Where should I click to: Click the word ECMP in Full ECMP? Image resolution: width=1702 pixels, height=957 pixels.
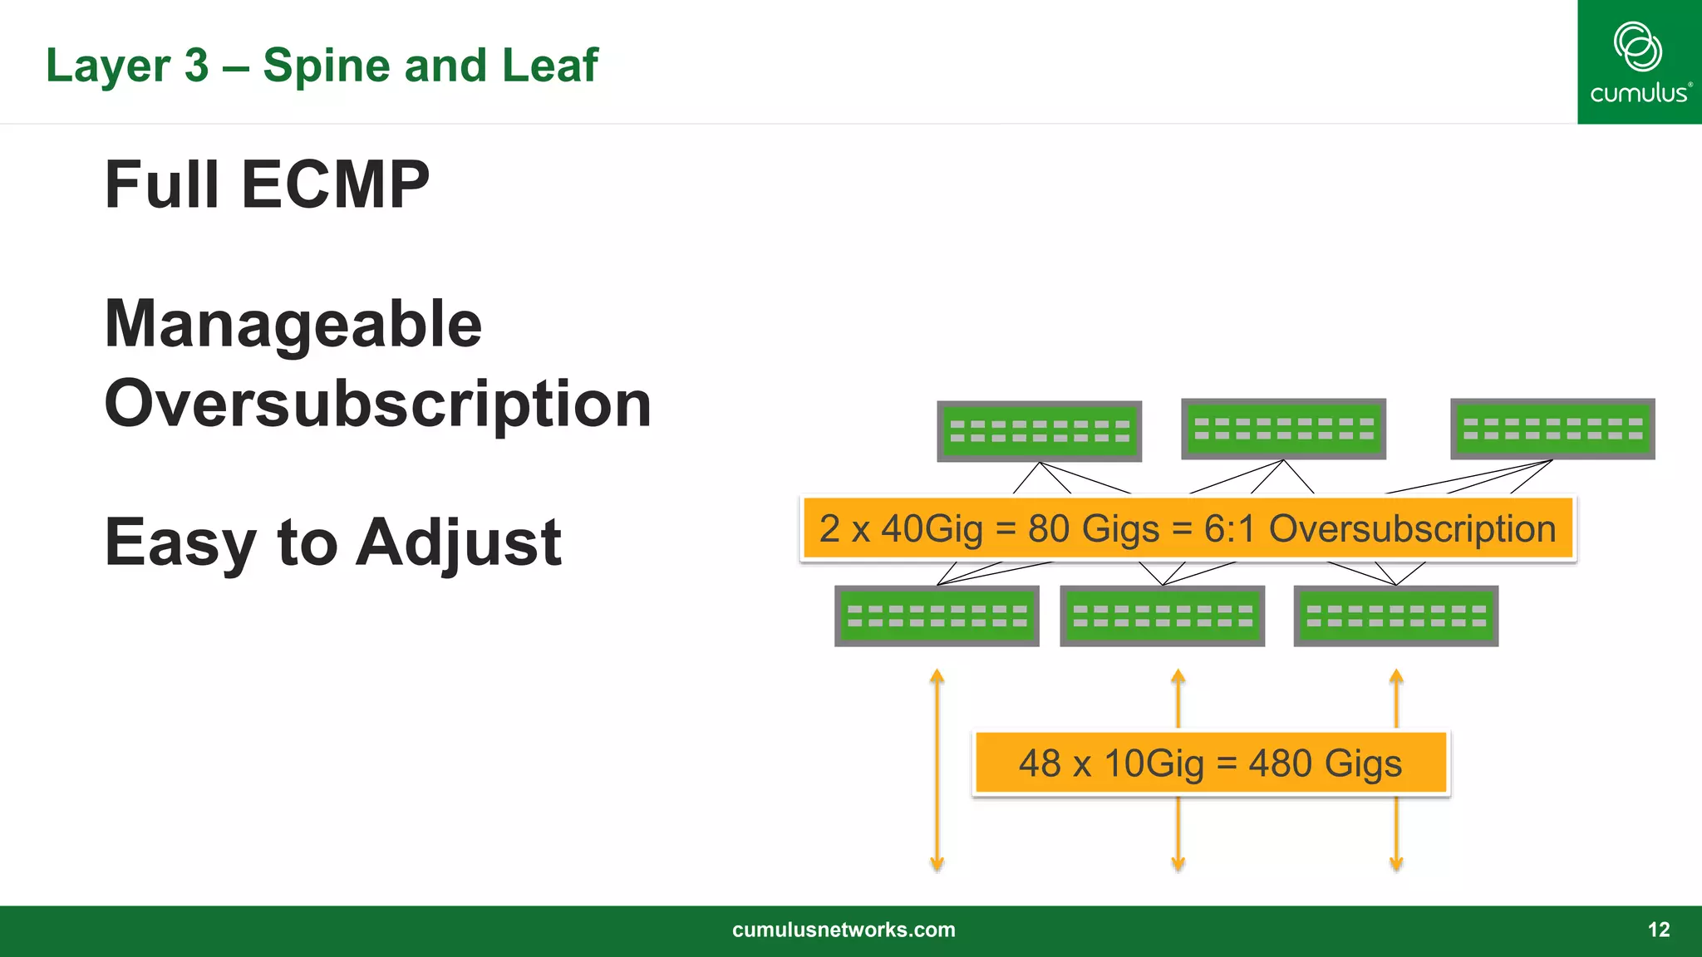[x=335, y=184]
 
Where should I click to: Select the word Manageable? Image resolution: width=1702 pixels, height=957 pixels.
[x=293, y=324]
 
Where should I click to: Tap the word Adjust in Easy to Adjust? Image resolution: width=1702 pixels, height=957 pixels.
[x=461, y=542]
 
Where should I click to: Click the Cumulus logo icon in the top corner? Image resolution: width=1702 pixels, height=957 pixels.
[x=1637, y=47]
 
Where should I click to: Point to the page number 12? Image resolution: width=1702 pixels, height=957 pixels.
[x=1658, y=930]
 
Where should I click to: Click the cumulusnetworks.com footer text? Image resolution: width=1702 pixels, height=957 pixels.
[x=844, y=930]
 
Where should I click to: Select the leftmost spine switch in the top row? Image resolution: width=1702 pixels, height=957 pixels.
[x=1039, y=431]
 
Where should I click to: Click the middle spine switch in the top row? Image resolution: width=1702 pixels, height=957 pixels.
[x=1283, y=429]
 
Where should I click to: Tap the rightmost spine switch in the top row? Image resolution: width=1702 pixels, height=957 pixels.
[x=1552, y=429]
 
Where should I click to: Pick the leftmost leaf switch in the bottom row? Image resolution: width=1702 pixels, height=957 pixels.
[x=937, y=616]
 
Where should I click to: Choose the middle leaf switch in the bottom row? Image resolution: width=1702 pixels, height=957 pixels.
[x=1162, y=616]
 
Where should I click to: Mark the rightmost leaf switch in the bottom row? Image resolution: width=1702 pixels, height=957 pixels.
[x=1395, y=616]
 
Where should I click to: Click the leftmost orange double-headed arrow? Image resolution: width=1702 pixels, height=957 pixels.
[x=937, y=768]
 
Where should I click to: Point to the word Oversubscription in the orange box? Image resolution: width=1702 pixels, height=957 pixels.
[x=1412, y=529]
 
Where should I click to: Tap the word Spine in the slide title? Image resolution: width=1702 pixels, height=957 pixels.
[x=327, y=65]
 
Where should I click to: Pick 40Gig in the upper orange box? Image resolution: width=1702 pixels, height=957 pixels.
[x=932, y=529]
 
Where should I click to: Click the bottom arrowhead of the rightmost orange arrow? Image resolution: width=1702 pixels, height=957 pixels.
[x=1396, y=864]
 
